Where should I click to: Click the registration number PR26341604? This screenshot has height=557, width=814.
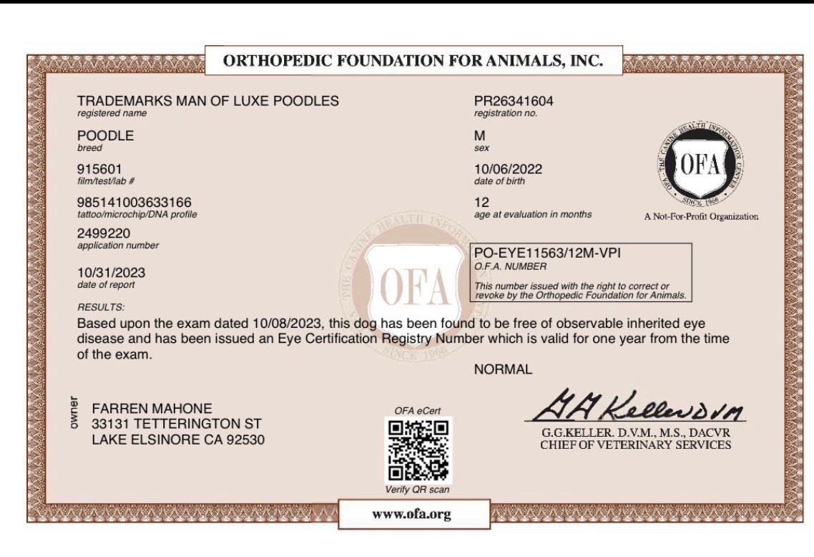click(x=514, y=101)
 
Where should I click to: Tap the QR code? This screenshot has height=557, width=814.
click(x=418, y=449)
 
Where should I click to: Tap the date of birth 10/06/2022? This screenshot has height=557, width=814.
click(x=508, y=169)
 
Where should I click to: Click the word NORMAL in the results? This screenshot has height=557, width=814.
click(x=503, y=369)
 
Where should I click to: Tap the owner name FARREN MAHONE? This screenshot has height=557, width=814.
click(x=152, y=408)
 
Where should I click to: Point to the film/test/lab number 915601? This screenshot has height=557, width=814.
click(x=99, y=169)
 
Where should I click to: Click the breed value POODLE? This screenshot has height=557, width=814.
click(x=105, y=135)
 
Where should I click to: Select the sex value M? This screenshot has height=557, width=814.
click(x=479, y=135)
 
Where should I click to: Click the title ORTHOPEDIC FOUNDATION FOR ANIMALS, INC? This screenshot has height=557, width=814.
click(x=413, y=62)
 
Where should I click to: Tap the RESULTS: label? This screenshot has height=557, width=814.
click(x=101, y=307)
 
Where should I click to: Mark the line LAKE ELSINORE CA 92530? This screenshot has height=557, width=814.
click(x=177, y=440)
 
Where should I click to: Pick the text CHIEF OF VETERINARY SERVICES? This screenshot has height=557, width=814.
click(x=635, y=445)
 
